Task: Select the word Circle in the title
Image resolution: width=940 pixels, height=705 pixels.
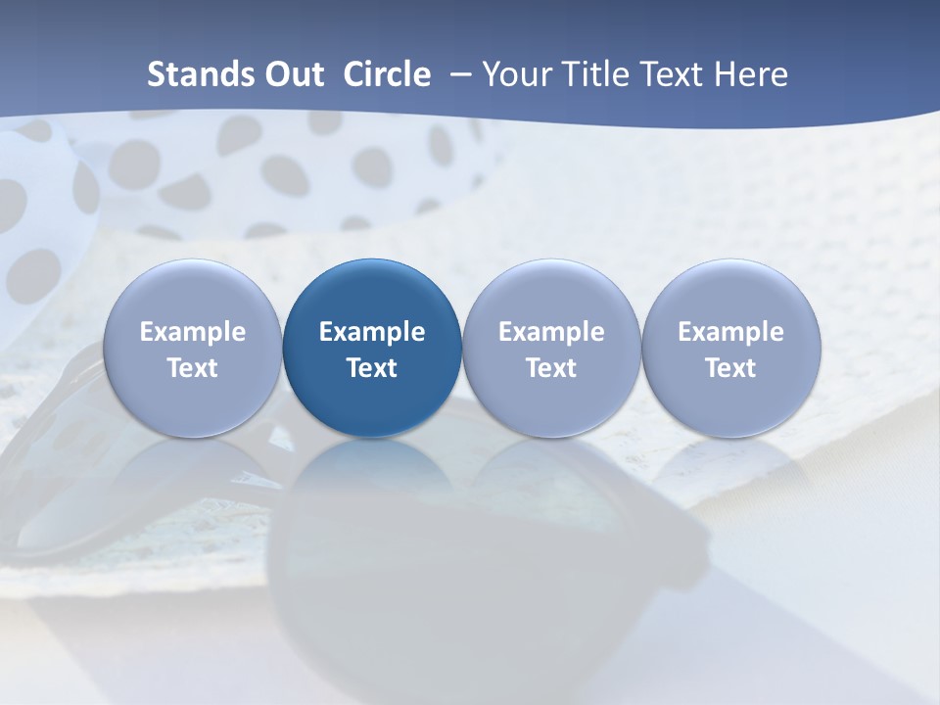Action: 387,74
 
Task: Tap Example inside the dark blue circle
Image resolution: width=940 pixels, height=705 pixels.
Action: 372,332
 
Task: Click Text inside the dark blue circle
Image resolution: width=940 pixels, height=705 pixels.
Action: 372,368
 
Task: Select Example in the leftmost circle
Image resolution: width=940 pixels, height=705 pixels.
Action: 193,332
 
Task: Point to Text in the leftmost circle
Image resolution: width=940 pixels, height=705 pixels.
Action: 193,368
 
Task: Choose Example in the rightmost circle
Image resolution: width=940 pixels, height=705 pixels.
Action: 730,332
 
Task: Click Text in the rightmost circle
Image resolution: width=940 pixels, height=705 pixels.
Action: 730,368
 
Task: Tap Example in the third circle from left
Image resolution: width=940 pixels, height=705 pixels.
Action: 551,332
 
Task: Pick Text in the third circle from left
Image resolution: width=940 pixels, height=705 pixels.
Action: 551,368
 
